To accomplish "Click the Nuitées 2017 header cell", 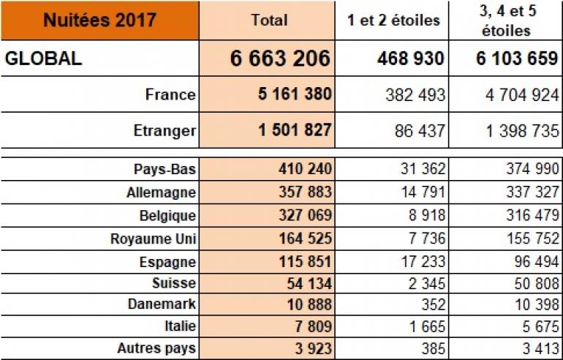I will (x=99, y=20).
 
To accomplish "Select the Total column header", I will (x=268, y=20).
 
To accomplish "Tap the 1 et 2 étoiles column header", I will (x=393, y=20).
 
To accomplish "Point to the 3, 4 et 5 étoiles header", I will (x=506, y=20).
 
